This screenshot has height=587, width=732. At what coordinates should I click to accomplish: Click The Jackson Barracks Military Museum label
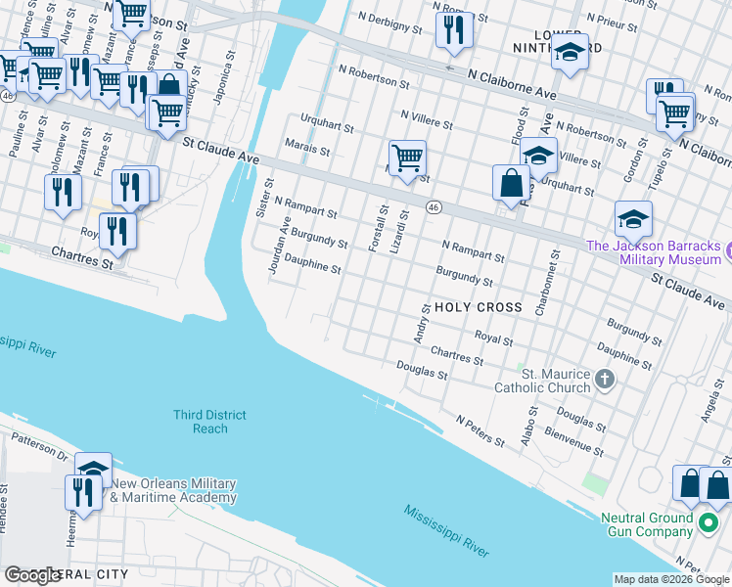pos(653,252)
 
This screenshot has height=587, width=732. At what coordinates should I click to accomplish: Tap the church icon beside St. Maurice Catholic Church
pos(605,380)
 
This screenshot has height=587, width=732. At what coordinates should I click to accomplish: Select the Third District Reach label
pos(210,422)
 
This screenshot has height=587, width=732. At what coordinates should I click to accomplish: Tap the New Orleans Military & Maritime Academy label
pos(173,490)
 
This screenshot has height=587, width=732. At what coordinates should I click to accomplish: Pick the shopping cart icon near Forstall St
pos(406,157)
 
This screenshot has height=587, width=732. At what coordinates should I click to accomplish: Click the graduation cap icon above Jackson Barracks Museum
pos(633,218)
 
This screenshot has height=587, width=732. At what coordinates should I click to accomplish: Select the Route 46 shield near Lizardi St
pos(433,206)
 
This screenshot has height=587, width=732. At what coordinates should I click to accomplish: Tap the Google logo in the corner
pos(33,575)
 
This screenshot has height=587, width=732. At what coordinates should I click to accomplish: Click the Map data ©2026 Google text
pos(670,579)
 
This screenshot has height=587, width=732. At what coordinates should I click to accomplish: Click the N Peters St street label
pos(480,430)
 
